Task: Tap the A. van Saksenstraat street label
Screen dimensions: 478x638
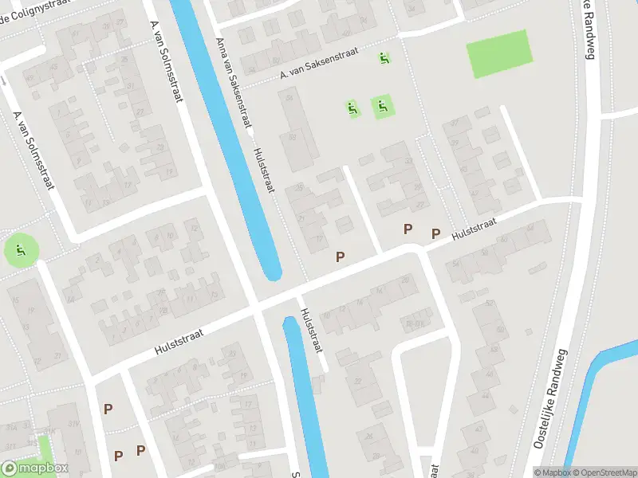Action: click(x=319, y=66)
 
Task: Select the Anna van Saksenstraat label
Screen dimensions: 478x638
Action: click(x=234, y=83)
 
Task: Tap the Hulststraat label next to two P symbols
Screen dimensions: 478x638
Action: click(x=474, y=231)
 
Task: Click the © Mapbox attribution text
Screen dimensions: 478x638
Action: click(x=553, y=472)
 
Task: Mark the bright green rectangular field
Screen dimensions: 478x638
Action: click(x=500, y=53)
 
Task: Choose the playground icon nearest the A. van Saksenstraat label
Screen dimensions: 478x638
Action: click(x=384, y=57)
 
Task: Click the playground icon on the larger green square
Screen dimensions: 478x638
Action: click(x=383, y=105)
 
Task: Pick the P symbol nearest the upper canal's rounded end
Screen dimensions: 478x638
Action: click(x=341, y=257)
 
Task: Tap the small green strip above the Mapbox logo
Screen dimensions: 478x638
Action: click(x=43, y=446)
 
